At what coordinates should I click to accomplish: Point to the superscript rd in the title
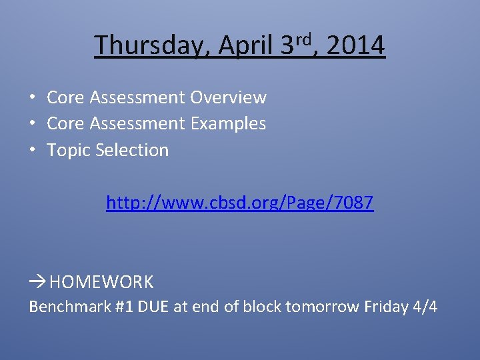305,39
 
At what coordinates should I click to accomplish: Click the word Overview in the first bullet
228,97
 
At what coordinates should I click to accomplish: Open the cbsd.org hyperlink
240,203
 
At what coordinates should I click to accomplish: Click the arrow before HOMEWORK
37,282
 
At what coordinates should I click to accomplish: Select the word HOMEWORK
101,282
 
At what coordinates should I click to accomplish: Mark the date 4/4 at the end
425,307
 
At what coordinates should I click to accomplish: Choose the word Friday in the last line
385,307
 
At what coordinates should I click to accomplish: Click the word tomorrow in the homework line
323,307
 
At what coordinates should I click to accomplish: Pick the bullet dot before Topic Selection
31,150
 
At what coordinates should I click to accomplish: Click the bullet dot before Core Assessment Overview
31,97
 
